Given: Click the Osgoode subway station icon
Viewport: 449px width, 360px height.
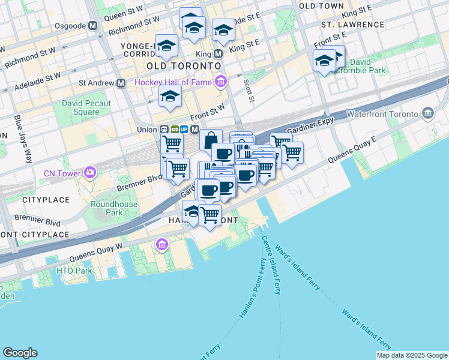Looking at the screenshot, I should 92,26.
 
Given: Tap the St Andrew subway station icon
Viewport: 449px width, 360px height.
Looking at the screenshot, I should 121,83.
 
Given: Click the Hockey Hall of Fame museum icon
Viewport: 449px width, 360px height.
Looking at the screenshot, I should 221,82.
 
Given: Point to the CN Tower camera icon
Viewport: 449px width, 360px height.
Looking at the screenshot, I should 90,173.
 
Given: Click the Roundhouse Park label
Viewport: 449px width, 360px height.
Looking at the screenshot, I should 114,208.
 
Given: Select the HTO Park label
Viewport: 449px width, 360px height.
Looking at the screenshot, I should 74,271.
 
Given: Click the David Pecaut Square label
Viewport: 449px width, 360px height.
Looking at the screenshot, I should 86,107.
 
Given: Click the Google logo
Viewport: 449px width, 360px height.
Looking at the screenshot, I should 20,353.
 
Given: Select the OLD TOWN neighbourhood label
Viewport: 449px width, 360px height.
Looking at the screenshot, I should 321,5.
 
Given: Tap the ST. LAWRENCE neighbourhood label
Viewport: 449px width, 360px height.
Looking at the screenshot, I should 352,25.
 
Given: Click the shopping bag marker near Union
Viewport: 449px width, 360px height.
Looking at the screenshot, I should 211,141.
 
